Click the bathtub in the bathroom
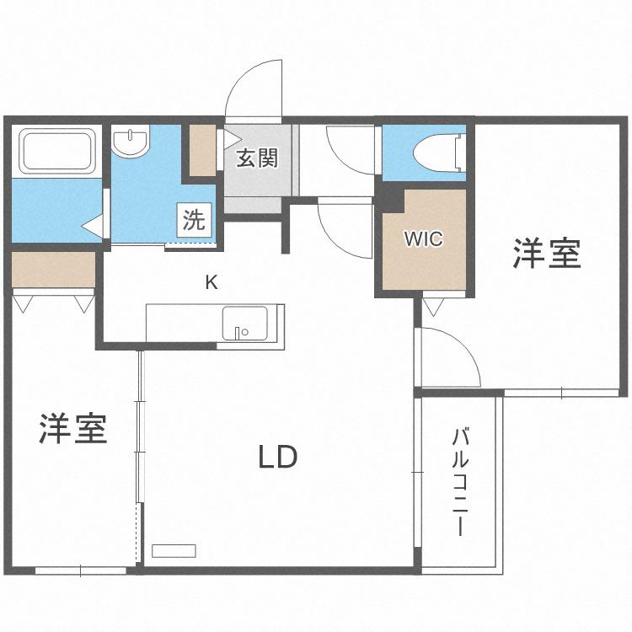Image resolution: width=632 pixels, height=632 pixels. pos(56,149)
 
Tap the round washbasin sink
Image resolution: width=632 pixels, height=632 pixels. pos(131,140)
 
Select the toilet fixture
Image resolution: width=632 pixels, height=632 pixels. pos(439,153)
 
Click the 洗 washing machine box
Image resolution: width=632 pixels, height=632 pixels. pos(195,220)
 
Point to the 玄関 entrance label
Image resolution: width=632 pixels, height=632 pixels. pos(257,158)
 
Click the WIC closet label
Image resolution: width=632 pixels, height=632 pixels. pos(424,238)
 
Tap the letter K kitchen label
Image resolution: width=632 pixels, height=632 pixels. pos(212,282)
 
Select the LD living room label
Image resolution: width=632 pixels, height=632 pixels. pos(278,457)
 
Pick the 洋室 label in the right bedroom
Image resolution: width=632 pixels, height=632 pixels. pos(547,254)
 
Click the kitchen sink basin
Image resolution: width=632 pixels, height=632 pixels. pos(244,323)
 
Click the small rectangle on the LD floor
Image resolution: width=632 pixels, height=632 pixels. pos(174,551)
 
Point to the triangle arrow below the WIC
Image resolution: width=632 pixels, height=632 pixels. pos(434,307)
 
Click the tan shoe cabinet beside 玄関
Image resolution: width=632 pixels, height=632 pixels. pos(202,150)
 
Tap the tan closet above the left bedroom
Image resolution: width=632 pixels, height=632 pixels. pos(53,270)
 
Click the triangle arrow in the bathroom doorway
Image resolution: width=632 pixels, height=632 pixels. pos(93,225)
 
